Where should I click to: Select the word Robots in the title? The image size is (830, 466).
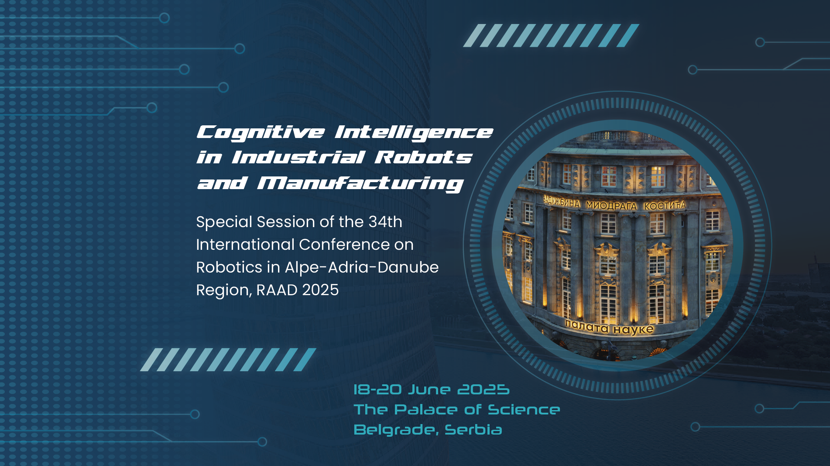coord(423,157)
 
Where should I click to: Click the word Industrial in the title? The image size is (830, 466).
coord(298,157)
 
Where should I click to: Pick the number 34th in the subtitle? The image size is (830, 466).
coord(385,222)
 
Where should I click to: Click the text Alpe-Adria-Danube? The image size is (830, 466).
coord(362,267)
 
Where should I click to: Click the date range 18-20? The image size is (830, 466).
coord(377,390)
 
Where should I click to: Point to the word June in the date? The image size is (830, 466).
coord(429,390)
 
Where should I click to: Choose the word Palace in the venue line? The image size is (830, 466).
coord(426,410)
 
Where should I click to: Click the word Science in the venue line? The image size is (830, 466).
coord(524,410)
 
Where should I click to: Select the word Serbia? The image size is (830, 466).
coord(473,430)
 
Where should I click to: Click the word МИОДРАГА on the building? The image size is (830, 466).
coord(611,205)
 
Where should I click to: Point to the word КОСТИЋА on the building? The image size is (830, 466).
coord(665,205)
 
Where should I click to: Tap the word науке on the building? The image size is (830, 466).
coord(633,329)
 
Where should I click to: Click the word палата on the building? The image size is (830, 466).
coord(586,326)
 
